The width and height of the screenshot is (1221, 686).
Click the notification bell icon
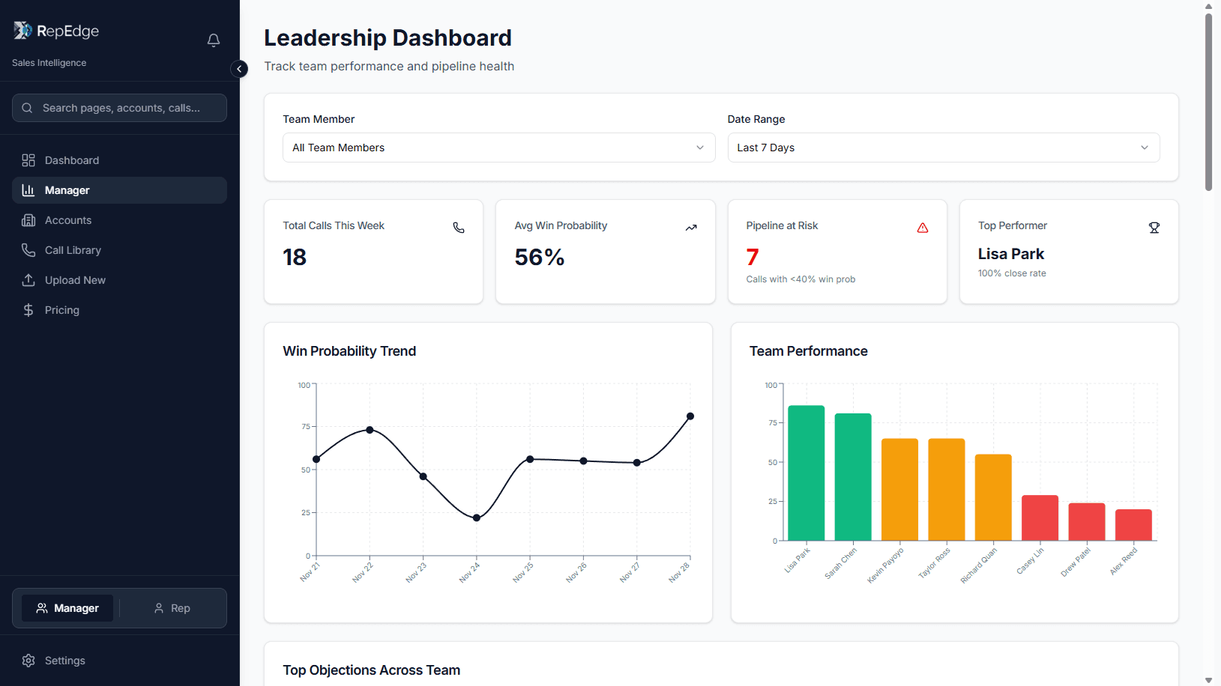pyautogui.click(x=214, y=40)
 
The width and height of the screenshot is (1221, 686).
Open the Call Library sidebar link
pyautogui.click(x=73, y=250)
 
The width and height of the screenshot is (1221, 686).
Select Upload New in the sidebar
pyautogui.click(x=75, y=280)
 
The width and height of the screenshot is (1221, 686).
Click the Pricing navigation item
pyautogui.click(x=61, y=310)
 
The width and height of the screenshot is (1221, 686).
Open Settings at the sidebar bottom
pyautogui.click(x=64, y=661)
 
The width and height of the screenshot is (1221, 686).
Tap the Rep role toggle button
pyautogui.click(x=172, y=608)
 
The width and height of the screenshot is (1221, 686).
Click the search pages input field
pyautogui.click(x=120, y=108)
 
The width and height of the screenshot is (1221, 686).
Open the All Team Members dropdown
pyautogui.click(x=498, y=148)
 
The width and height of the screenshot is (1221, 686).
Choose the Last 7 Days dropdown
pyautogui.click(x=943, y=148)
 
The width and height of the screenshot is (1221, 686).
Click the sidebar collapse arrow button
pyautogui.click(x=239, y=69)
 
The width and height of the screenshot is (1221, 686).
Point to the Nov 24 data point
pyautogui.click(x=477, y=517)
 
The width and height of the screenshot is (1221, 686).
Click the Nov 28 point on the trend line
pyautogui.click(x=690, y=416)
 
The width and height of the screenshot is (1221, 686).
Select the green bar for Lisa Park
pyautogui.click(x=807, y=473)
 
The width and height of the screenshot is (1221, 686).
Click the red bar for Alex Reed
pyautogui.click(x=1133, y=524)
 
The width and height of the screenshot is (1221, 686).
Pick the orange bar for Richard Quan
pyautogui.click(x=993, y=497)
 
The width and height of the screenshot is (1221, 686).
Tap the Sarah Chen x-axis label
pyautogui.click(x=840, y=563)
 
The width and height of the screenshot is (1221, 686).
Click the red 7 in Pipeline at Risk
pyautogui.click(x=753, y=258)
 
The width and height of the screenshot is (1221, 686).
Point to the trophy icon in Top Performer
pyautogui.click(x=1154, y=228)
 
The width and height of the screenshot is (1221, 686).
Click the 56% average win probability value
pyautogui.click(x=540, y=258)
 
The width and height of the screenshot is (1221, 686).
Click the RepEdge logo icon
pyautogui.click(x=22, y=30)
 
